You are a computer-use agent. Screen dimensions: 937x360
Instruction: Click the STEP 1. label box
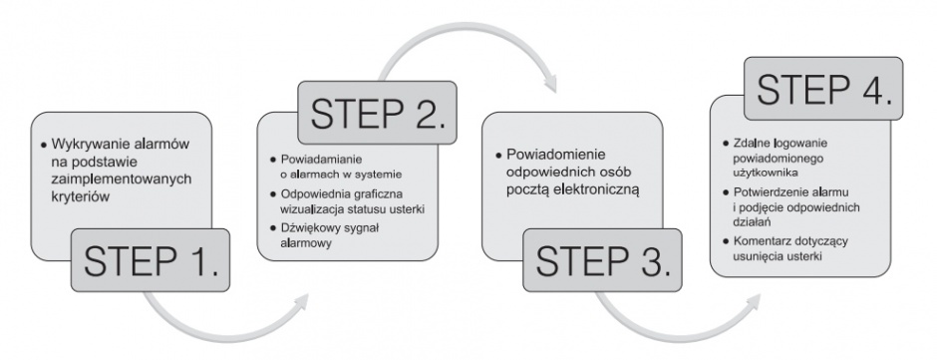click(150, 260)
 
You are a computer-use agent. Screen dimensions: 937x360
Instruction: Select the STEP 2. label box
click(377, 113)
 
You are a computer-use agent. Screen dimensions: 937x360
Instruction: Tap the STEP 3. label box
click(602, 260)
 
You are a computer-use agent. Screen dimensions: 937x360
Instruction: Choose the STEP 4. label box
click(823, 89)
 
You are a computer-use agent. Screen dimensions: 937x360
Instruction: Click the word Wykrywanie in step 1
click(83, 145)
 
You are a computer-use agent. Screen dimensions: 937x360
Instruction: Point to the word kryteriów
click(80, 196)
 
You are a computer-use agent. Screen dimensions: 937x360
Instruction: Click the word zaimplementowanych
click(122, 179)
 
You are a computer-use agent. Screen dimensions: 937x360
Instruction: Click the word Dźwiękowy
click(308, 228)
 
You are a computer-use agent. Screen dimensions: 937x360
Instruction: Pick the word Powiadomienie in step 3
click(547, 155)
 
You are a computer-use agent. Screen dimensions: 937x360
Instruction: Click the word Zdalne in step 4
click(751, 145)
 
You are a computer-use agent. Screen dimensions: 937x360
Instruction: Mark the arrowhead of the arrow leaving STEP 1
click(301, 301)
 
